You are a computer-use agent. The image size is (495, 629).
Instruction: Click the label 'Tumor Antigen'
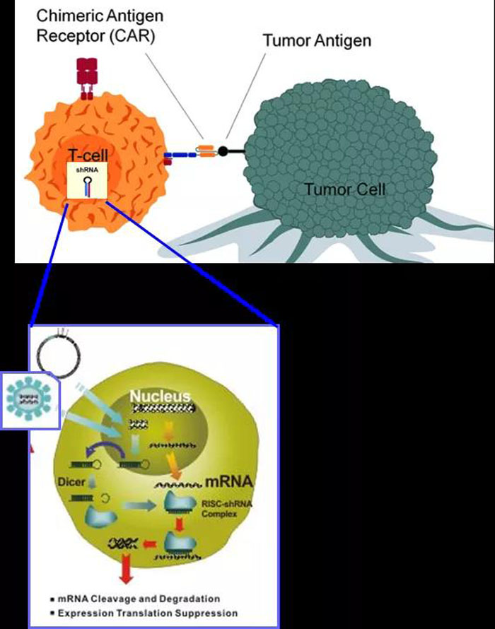[317, 40]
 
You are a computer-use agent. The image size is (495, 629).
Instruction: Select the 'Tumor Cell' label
[345, 189]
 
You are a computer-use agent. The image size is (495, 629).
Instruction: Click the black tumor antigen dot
[223, 151]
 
